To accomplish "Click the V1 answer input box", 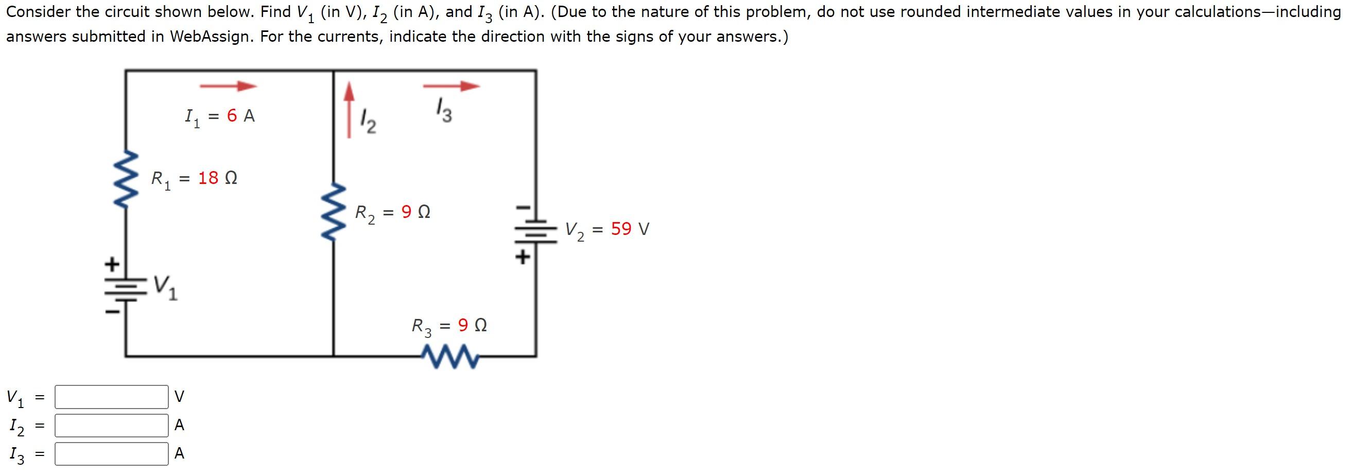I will tap(111, 397).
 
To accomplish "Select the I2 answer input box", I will tap(111, 425).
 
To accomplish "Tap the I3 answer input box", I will tap(111, 453).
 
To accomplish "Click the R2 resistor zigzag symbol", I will tap(334, 212).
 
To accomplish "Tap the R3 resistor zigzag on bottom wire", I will tap(450, 357).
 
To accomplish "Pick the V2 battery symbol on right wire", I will tap(536, 231).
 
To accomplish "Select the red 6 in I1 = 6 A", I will tap(232, 115).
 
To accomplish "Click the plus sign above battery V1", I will tap(111, 264).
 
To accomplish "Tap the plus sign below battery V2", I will tap(523, 257).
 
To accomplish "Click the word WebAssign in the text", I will tap(210, 37).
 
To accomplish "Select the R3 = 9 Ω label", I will tap(449, 326).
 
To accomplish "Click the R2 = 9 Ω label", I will tap(392, 212).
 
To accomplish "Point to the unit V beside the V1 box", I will tap(179, 397).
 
